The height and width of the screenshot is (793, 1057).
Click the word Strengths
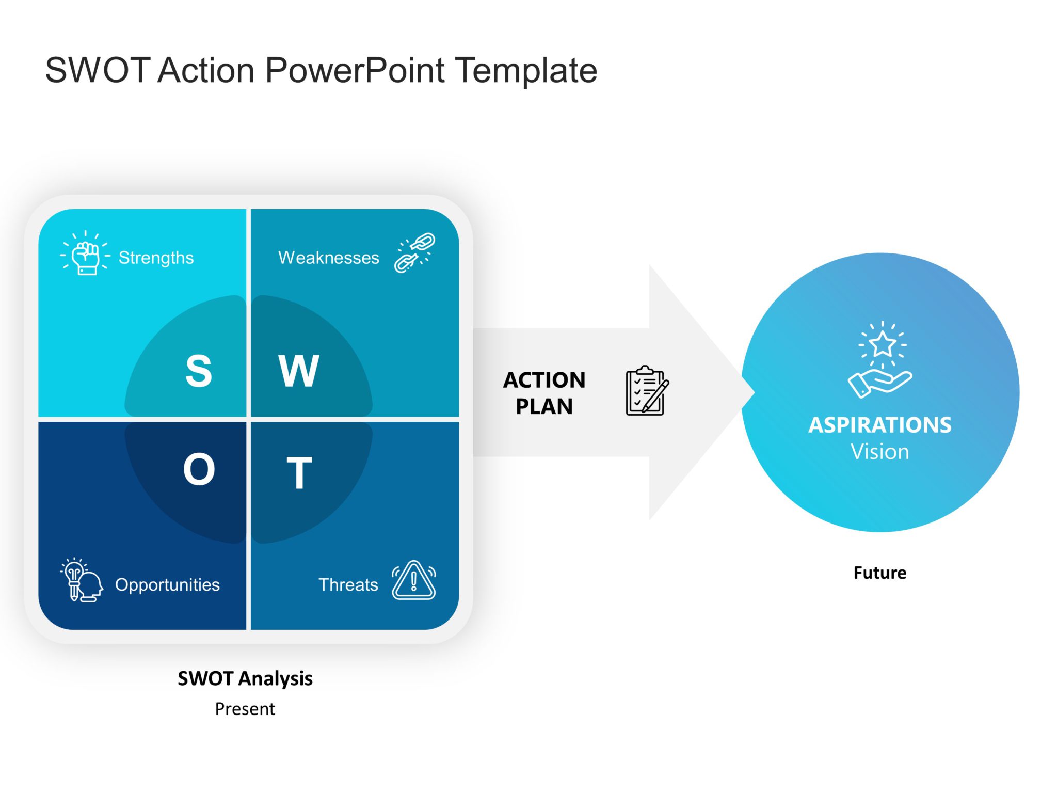coord(156,257)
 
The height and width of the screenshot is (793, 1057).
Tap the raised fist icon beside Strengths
coord(85,254)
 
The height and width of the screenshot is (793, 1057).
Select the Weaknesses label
coord(328,257)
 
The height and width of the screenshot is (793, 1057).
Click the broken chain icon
coord(414,252)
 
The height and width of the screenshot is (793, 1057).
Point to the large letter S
coord(198,370)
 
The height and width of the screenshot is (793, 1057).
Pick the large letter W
coord(299,370)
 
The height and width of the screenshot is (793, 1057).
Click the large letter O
coord(199,469)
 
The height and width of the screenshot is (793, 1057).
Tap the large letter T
coord(299,472)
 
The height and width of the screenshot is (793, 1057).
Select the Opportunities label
coord(167,584)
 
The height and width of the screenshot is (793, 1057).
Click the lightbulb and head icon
coord(82,580)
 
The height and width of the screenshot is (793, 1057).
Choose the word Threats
coord(348,584)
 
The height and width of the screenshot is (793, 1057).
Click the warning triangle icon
coord(413,581)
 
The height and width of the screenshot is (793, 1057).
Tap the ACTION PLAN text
coord(544,393)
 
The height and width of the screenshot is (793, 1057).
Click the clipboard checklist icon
coord(647,391)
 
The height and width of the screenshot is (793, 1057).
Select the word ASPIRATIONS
coord(879,425)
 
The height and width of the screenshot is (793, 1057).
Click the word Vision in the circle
coord(879,452)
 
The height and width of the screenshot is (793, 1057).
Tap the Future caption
coord(879,573)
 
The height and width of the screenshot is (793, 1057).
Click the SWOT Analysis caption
coord(245,678)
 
